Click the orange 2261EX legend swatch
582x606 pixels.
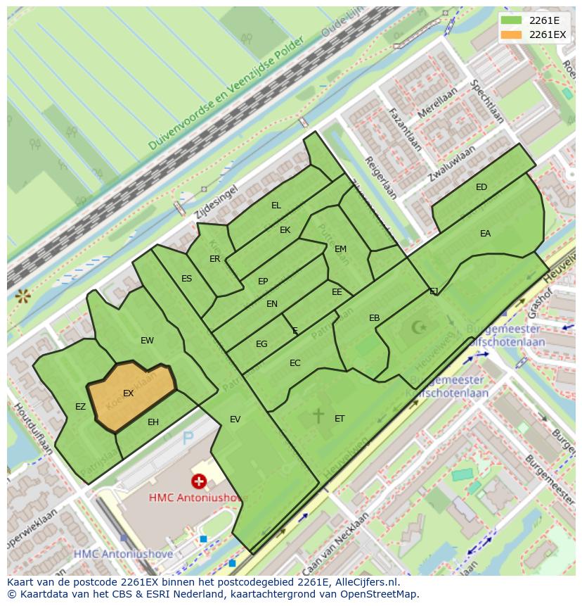512,34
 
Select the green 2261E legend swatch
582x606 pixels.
512,20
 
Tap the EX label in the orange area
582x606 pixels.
128,393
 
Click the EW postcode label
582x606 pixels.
147,341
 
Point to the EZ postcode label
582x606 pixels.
80,407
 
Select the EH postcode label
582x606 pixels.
153,422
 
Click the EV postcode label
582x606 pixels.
235,419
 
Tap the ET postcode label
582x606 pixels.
339,419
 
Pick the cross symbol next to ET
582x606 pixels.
318,415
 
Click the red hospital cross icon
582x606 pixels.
200,481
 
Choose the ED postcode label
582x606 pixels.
481,187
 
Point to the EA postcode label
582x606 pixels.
485,234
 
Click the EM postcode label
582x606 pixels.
340,249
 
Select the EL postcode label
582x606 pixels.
276,206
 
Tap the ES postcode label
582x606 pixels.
186,279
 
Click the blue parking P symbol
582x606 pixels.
188,438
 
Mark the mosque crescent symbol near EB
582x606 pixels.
419,327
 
